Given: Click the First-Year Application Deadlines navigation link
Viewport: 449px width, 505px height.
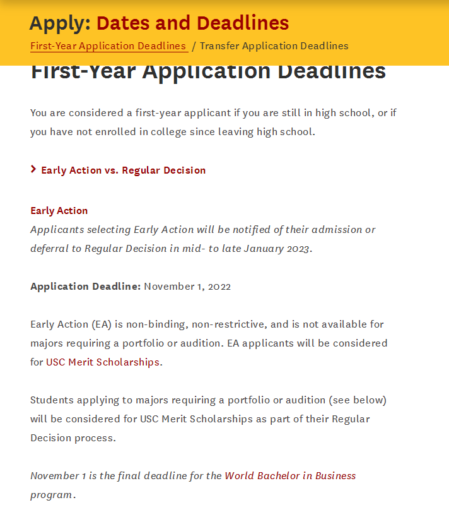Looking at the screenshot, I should pos(108,46).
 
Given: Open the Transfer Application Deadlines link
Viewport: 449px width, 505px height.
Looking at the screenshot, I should pos(274,46).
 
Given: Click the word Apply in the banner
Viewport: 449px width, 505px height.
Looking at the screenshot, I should pos(59,23).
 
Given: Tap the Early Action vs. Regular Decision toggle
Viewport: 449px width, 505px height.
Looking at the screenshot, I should pos(123,170).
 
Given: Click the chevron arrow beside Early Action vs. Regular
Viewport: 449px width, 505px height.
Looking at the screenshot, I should pos(33,169).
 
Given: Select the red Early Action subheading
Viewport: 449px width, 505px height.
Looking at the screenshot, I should pos(59,211).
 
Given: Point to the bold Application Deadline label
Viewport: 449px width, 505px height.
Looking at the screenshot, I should pos(85,287).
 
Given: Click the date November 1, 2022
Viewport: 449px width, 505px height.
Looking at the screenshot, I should pos(187,287).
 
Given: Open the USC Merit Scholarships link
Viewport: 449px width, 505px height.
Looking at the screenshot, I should pos(103,362).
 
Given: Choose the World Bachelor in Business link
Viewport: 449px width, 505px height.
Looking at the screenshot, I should pos(290,476).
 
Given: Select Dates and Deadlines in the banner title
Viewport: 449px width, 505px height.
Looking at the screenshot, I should pos(192,23).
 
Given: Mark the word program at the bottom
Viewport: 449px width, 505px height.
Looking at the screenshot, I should pos(51,495).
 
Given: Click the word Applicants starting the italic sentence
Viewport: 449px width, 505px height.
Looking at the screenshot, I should pos(57,230).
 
